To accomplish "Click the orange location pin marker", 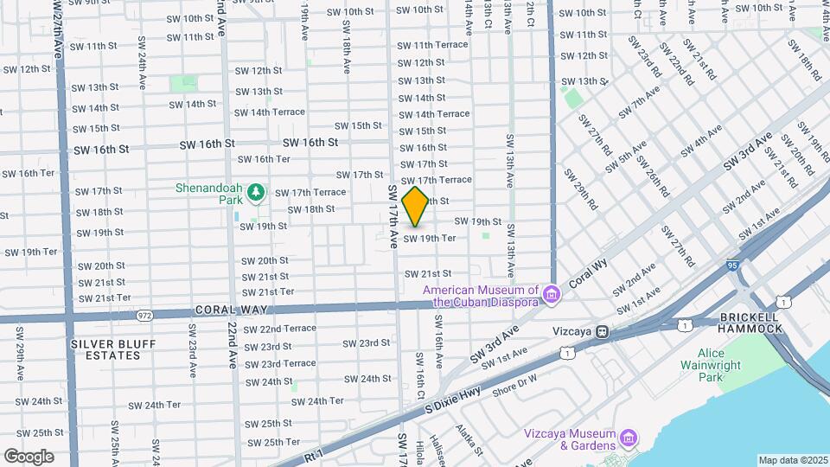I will (415, 207).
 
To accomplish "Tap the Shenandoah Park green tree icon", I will (255, 191).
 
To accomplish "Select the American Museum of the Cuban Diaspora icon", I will (550, 296).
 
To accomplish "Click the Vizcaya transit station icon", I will (601, 331).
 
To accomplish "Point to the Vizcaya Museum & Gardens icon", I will (629, 439).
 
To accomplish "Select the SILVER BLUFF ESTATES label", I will (113, 350).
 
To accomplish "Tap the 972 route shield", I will (144, 317).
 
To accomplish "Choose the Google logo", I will (29, 457).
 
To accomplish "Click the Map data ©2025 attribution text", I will (792, 460).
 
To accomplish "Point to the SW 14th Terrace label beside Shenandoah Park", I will (270, 112).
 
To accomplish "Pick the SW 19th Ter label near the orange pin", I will (430, 238).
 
